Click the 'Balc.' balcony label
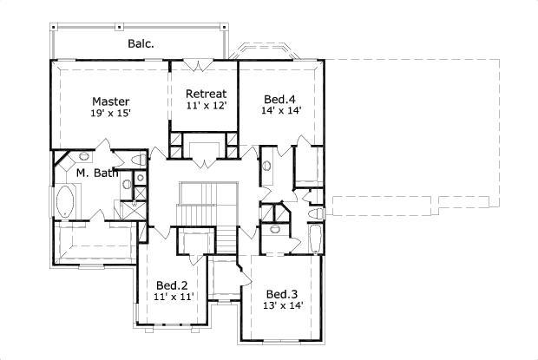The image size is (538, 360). coord(142,43)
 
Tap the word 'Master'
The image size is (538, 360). coord(111,101)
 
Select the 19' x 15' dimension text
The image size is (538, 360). coord(110,114)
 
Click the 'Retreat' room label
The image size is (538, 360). coord(207,94)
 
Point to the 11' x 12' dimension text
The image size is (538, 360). coord(206,106)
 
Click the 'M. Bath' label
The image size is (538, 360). coord(96,173)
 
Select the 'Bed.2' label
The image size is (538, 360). coord(172,285)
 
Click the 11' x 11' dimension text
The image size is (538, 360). coord(172,297)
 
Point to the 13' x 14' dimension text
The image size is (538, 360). coord(283,304)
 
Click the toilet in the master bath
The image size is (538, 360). coord(83,157)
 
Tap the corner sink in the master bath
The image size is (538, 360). coord(139,161)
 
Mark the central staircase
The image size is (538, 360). coord(207,208)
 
